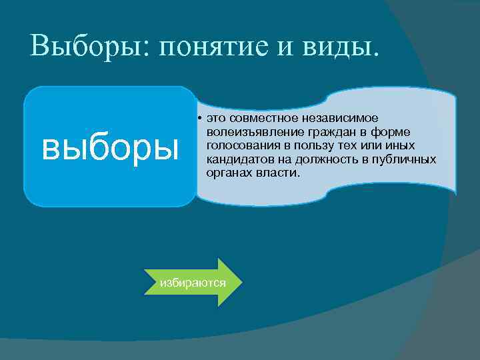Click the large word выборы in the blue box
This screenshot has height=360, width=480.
click(110, 147)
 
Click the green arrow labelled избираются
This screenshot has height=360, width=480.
click(193, 282)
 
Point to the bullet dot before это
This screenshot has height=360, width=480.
click(200, 118)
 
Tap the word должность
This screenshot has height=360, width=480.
click(322, 159)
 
